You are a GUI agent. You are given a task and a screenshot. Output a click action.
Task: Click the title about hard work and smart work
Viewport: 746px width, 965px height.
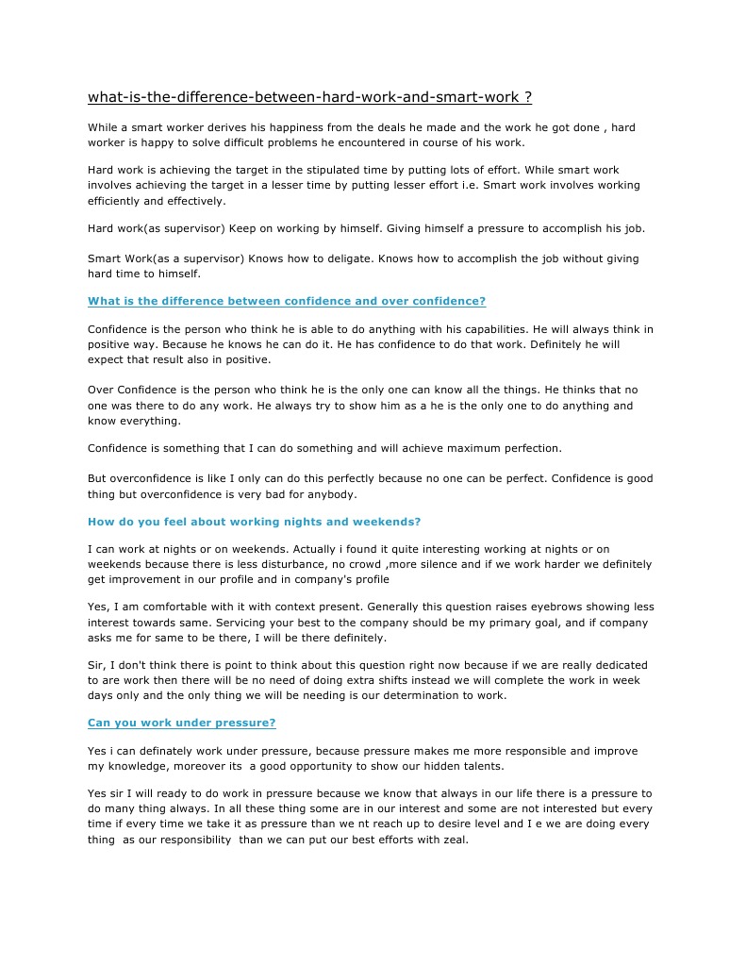tap(309, 97)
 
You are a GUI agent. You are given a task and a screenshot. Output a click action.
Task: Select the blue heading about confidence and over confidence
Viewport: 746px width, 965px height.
tap(287, 301)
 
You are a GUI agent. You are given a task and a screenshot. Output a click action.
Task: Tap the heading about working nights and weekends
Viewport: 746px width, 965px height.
tap(254, 521)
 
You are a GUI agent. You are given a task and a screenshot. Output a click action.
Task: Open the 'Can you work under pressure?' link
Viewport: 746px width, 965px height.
tap(181, 723)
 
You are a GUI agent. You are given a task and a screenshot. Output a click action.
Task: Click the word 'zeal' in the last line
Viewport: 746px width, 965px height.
tap(452, 840)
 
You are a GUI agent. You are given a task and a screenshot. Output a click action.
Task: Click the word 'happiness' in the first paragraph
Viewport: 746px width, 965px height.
tap(307, 127)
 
